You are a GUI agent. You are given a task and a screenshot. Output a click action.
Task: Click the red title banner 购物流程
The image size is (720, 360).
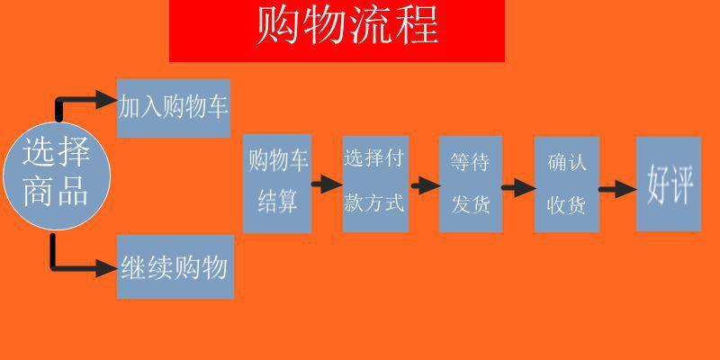(x=337, y=31)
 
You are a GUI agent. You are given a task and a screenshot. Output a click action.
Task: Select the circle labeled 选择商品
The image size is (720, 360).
(x=57, y=175)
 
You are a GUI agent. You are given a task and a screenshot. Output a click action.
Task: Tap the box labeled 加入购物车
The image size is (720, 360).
(x=174, y=108)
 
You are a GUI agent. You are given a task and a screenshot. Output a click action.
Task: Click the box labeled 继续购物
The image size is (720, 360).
(x=175, y=266)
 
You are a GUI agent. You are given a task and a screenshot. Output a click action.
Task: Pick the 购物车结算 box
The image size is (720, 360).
(x=277, y=184)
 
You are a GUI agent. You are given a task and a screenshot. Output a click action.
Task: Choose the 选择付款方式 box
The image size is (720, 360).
(x=375, y=184)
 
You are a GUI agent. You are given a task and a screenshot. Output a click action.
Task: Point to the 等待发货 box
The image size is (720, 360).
(x=471, y=184)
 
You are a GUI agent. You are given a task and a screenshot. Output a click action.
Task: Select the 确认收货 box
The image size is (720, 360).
(x=567, y=184)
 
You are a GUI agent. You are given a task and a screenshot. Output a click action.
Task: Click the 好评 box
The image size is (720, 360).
(x=669, y=184)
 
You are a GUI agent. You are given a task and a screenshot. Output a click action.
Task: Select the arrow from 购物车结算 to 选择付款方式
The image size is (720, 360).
(x=327, y=184)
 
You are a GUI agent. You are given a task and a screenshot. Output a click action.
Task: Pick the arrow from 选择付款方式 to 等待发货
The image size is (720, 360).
(x=425, y=185)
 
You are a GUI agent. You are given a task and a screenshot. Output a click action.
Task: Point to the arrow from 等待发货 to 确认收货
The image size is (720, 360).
(x=518, y=188)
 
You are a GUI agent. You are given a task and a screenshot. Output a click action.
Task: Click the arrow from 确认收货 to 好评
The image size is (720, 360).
(x=618, y=189)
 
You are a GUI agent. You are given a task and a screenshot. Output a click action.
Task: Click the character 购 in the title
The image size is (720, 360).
(x=278, y=25)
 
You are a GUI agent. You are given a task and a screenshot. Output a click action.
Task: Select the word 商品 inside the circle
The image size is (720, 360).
(x=56, y=192)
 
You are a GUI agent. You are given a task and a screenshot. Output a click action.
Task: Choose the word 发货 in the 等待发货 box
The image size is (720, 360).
(x=471, y=202)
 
